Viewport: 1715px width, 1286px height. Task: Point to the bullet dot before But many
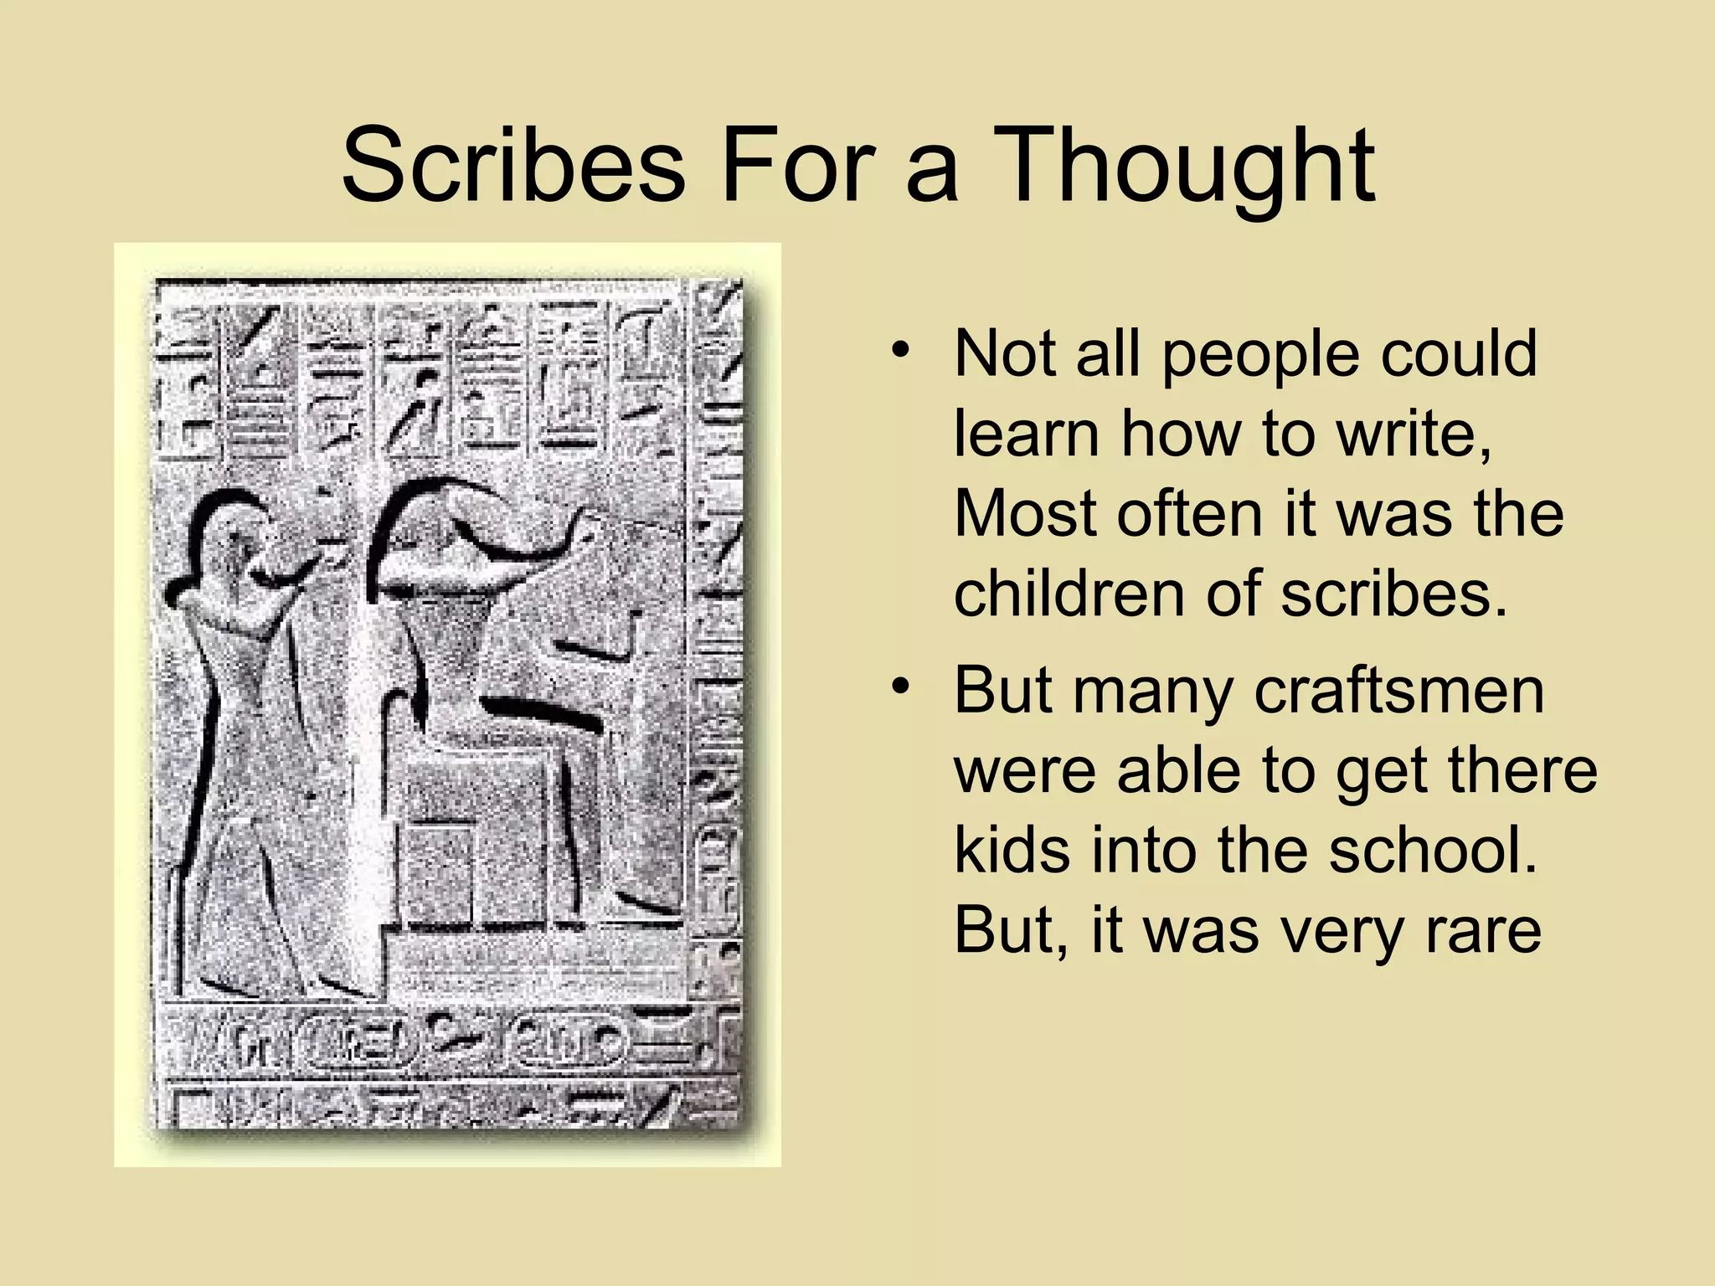pyautogui.click(x=901, y=687)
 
